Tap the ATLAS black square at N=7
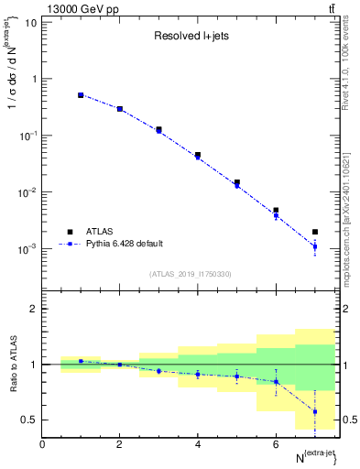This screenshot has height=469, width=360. pos(315,232)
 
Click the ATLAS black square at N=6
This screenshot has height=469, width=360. pos(276,211)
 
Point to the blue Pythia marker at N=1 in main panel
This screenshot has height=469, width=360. pos(81,95)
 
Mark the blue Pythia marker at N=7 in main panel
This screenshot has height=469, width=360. pos(315,246)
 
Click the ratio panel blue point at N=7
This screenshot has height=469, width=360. pos(315,411)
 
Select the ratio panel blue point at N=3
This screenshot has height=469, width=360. pos(158,371)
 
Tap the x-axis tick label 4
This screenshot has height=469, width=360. pos(198,444)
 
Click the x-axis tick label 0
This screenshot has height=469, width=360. pos(42,444)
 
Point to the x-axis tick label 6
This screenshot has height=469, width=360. pos(276,444)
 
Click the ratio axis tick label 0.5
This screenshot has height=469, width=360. pos(29,420)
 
